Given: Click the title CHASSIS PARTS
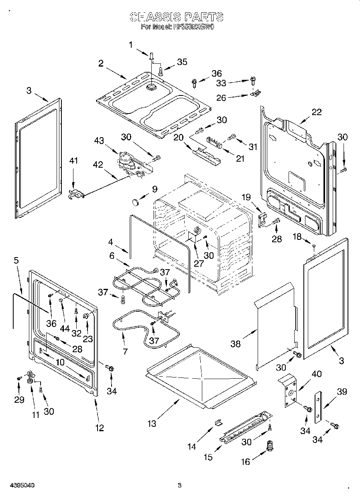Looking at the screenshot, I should pyautogui.click(x=177, y=16).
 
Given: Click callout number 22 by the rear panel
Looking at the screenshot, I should pyautogui.click(x=317, y=112).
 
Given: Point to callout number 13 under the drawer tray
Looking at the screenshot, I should pyautogui.click(x=152, y=423).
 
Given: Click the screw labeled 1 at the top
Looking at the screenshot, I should pyautogui.click(x=151, y=57).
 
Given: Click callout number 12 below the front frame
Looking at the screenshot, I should pyautogui.click(x=100, y=428).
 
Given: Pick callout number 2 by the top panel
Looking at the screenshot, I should pyautogui.click(x=101, y=63).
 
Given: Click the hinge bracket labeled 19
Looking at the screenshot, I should pyautogui.click(x=262, y=219).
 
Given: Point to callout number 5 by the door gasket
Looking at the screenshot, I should pyautogui.click(x=16, y=260).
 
